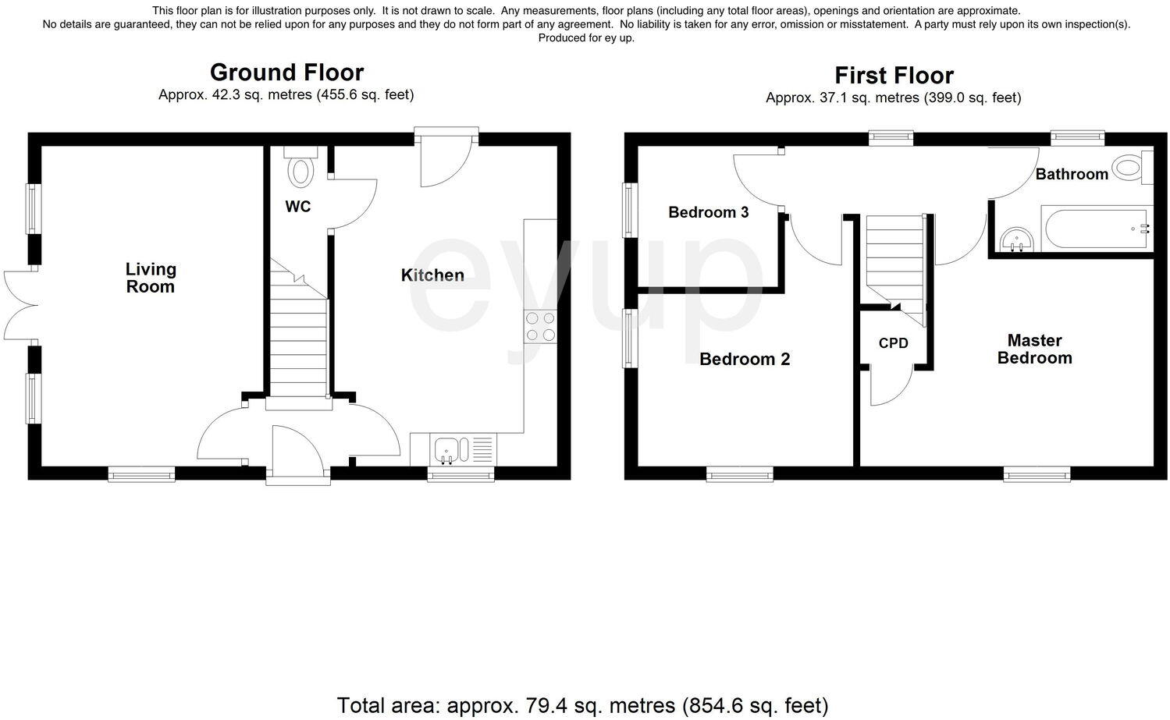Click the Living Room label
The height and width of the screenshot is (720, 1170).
[x=151, y=278]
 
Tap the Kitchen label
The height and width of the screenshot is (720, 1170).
[x=432, y=275]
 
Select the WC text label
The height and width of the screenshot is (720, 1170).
[x=298, y=206]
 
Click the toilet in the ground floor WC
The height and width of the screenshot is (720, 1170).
[x=300, y=169]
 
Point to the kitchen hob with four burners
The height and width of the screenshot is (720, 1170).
[x=540, y=327]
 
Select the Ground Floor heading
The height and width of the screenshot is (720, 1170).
[x=286, y=73]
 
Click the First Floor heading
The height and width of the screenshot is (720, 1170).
[x=894, y=76]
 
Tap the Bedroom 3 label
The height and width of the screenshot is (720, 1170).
[x=708, y=212]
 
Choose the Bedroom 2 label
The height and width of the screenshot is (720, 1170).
[x=745, y=359]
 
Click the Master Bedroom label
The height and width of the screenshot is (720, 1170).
[x=1034, y=349]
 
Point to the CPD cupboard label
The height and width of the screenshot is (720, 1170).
[x=893, y=342]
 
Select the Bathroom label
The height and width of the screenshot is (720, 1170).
[x=1072, y=174]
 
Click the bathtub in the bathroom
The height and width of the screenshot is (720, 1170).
[x=1097, y=229]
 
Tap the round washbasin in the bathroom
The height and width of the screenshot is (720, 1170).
[x=1016, y=239]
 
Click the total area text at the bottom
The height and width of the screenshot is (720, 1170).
[x=582, y=705]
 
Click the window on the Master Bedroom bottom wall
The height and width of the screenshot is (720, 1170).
[x=1037, y=473]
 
